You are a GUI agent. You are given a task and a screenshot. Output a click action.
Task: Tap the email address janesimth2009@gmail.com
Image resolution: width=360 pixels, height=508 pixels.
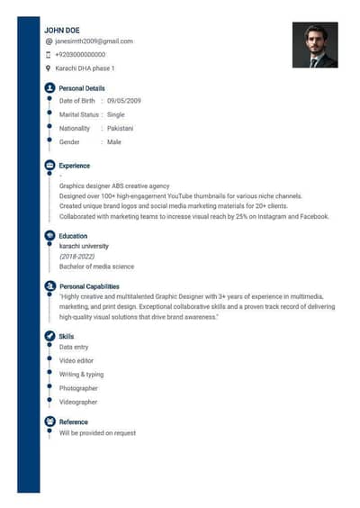[x=94, y=41]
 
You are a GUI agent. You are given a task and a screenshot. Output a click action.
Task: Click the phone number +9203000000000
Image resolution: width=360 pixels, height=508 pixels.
[x=80, y=55]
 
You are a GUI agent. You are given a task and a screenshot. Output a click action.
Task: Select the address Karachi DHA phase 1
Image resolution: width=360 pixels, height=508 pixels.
[x=85, y=68]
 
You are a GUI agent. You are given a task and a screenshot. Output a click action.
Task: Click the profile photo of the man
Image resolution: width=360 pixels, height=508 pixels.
[x=314, y=45]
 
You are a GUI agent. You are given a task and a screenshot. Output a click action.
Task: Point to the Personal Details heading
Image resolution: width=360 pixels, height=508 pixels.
[x=82, y=88]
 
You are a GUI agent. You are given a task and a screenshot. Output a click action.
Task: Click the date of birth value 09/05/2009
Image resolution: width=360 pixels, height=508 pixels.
[x=124, y=101]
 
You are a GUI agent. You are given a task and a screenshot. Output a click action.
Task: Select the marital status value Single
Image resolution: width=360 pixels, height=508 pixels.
[x=116, y=114]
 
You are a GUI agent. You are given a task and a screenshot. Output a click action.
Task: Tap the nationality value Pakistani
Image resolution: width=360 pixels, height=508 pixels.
[x=120, y=129]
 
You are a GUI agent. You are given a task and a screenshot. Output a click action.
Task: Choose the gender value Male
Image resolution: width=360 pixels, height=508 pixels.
[x=114, y=142]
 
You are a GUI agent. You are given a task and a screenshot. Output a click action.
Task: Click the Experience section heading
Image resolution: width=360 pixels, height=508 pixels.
[x=75, y=166]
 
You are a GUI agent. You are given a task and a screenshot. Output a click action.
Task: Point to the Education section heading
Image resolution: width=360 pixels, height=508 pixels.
[x=73, y=236]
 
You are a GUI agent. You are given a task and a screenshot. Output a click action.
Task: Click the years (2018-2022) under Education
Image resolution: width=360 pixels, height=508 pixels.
[x=76, y=256]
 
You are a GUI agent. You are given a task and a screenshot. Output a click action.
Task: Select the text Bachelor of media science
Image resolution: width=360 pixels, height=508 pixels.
[x=96, y=267]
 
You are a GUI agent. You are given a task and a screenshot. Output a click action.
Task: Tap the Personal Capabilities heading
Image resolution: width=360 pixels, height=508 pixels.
[x=89, y=286]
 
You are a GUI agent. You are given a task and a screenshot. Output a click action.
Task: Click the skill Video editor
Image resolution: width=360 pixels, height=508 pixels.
[x=76, y=360]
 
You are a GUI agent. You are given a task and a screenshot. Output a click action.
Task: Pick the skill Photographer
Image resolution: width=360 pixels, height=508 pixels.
[x=78, y=388]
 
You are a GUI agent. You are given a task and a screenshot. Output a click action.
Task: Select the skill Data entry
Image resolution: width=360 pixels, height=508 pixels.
[x=74, y=347]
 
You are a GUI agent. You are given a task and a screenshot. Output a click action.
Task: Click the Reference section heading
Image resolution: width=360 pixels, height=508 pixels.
[x=74, y=422]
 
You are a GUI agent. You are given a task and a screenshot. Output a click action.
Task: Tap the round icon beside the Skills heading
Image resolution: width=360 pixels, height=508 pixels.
[x=49, y=336]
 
